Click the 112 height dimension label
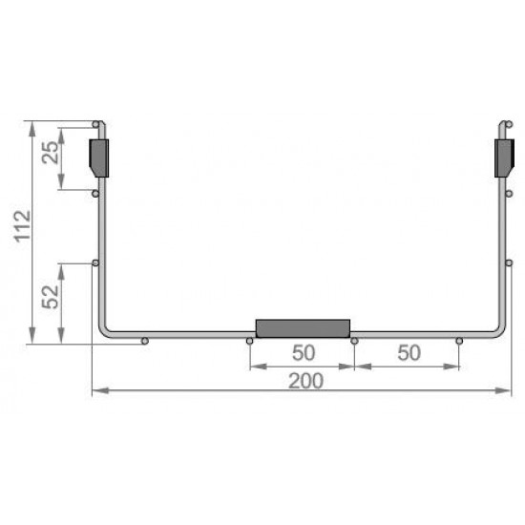click(x=23, y=226)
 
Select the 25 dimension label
click(x=50, y=153)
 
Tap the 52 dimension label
click(x=50, y=297)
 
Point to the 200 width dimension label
click(x=305, y=381)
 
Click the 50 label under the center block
click(x=304, y=352)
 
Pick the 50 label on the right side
click(x=409, y=352)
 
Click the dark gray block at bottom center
click(x=303, y=328)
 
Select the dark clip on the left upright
click(x=99, y=158)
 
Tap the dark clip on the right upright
click(x=504, y=158)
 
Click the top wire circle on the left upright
click(x=95, y=124)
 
